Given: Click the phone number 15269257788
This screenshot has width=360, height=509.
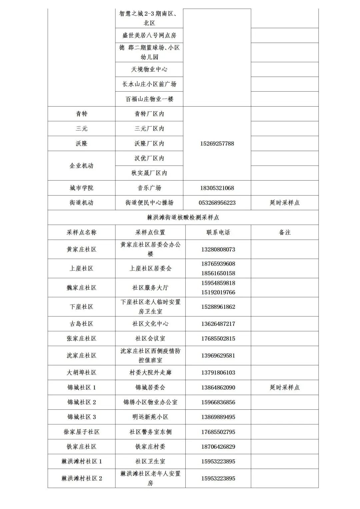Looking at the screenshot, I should [217, 144].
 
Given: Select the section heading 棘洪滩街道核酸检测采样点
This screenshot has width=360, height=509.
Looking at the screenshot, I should [183, 218].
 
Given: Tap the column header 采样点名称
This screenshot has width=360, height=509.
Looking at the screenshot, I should [81, 233].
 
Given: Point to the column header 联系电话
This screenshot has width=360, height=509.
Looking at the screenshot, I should [218, 233].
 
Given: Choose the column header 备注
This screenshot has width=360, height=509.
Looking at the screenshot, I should [285, 233].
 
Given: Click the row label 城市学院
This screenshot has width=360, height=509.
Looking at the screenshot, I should [81, 188].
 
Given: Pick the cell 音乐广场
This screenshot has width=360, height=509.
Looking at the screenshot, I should [149, 188].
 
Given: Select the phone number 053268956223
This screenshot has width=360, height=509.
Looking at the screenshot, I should [217, 203].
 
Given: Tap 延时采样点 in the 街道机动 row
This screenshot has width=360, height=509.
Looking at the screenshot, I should [285, 203].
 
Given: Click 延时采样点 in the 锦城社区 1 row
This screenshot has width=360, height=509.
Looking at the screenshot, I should [285, 387].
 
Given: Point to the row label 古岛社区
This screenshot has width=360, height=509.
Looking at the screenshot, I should [81, 324].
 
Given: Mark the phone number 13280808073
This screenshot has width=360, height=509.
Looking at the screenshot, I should [218, 249].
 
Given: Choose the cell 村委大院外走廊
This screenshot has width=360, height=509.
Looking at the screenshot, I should [150, 372].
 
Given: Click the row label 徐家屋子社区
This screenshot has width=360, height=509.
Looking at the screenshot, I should [81, 432].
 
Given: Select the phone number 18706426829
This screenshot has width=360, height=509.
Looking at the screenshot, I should [218, 446].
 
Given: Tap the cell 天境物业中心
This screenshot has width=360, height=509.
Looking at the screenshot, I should [149, 69].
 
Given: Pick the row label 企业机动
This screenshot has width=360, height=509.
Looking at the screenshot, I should [81, 166].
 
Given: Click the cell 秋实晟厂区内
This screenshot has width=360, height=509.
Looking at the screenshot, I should [149, 173].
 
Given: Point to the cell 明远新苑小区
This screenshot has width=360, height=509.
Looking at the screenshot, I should [150, 417].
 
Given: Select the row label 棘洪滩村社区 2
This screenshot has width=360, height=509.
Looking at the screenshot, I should [81, 478].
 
